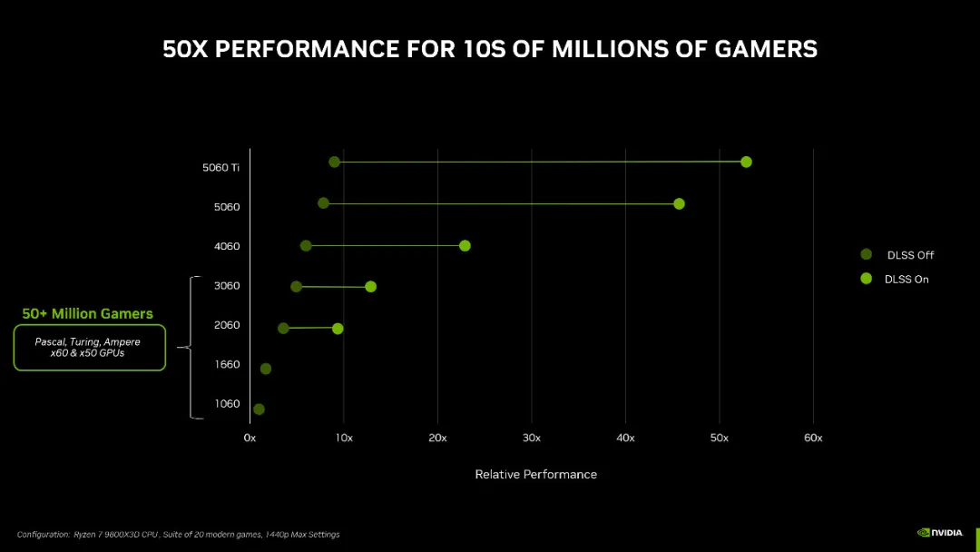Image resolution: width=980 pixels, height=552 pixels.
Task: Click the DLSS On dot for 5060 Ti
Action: point(746,162)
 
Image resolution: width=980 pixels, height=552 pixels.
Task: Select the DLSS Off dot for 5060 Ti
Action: point(334,162)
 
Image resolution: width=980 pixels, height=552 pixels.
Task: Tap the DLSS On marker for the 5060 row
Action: point(679,203)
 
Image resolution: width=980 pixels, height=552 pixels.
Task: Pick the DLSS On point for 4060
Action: point(465,245)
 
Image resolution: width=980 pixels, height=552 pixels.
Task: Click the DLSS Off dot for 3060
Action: point(296,286)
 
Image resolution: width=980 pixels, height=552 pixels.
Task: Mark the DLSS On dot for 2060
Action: point(338,328)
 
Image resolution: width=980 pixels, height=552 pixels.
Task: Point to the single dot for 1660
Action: point(265,369)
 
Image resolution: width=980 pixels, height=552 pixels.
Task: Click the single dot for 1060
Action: point(259,409)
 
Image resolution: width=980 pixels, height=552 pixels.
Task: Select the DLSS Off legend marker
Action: point(866,255)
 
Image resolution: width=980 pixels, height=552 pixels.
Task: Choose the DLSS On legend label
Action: point(906,280)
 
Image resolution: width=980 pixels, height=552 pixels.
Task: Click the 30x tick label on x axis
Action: point(532,439)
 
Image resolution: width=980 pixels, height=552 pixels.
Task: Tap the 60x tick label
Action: point(813,439)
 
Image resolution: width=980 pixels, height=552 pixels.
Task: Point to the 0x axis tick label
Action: point(250,439)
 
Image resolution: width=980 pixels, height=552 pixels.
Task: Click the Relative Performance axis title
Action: point(535,475)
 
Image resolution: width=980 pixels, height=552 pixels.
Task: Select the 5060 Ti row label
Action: point(221,167)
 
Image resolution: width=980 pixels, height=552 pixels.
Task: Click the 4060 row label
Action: point(227,246)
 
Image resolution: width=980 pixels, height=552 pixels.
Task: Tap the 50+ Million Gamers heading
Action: point(88,313)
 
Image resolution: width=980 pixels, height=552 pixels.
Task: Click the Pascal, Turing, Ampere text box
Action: point(89,348)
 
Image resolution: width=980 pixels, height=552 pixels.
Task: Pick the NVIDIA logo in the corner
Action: point(939,533)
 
